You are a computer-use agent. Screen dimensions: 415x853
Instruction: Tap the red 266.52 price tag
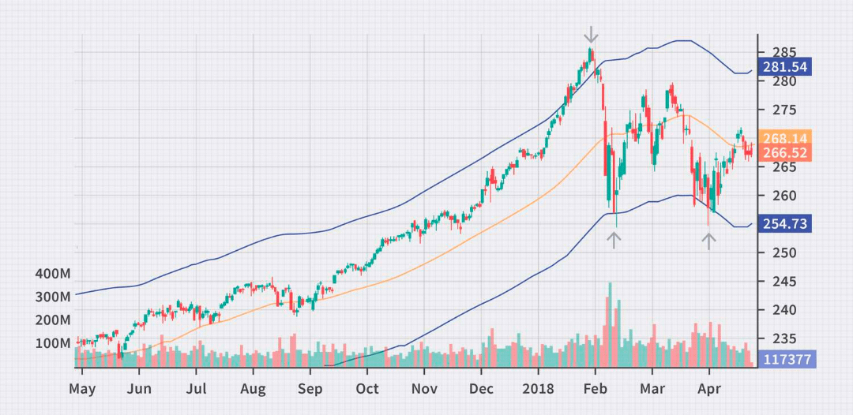pos(783,152)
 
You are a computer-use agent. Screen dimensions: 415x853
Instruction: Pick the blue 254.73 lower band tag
pos(783,224)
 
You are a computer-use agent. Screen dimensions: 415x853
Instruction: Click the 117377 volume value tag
pos(783,360)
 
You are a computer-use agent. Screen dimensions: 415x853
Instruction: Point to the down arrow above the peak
pos(591,35)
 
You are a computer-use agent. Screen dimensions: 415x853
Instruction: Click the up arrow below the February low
pos(614,240)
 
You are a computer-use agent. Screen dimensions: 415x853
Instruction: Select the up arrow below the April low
pos(709,241)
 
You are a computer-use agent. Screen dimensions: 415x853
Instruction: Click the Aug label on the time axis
pos(253,388)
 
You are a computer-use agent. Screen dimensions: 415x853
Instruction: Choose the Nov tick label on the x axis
pos(424,388)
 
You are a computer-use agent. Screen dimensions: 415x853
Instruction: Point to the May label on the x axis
pos(82,388)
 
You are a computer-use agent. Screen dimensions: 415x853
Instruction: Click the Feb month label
pos(596,388)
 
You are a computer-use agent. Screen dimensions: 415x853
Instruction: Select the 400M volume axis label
pos(53,275)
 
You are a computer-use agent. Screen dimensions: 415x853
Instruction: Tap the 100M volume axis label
pos(53,343)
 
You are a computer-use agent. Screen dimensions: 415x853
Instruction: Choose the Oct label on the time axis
pos(367,388)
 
